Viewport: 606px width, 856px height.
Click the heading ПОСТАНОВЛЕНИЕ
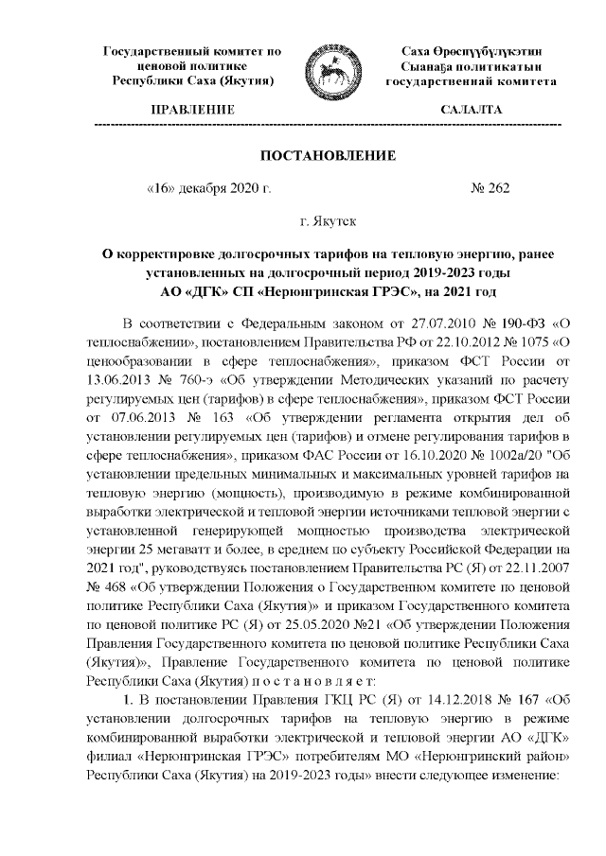tap(328, 154)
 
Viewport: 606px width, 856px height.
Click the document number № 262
tap(490, 188)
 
